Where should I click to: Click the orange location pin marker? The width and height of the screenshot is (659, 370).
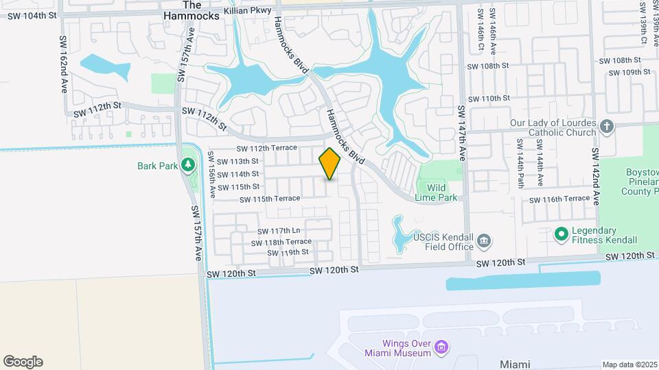[330, 164]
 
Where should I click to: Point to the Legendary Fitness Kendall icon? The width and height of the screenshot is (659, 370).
[561, 234]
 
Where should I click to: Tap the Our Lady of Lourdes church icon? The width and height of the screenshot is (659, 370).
[606, 126]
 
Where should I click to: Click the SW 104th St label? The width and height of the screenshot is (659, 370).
[31, 15]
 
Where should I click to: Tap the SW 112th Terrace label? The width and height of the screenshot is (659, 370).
[267, 148]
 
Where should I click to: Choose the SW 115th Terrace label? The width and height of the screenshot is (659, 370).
[270, 199]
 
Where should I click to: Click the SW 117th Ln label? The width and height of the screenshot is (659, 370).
[279, 231]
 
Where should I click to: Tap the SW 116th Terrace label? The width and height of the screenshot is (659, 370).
[559, 199]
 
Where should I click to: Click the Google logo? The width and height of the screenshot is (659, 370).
[23, 362]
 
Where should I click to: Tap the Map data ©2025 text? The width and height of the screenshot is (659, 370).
[629, 365]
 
